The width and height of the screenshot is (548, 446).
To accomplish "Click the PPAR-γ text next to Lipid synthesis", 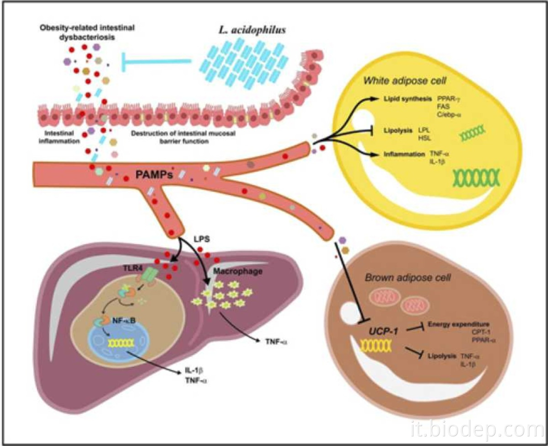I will click(x=450, y=99).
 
